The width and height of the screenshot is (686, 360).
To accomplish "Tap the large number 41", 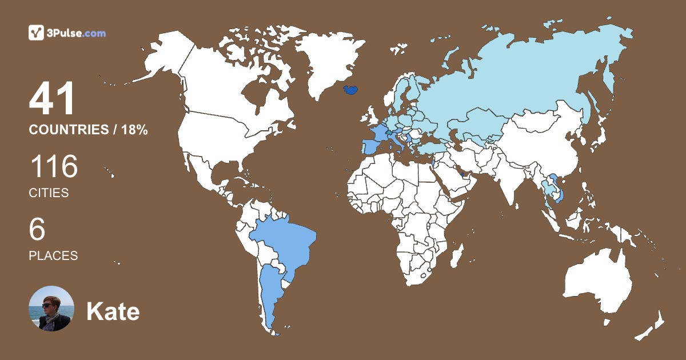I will [x=52, y=99].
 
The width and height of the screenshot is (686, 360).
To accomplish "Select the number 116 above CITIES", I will [x=53, y=167].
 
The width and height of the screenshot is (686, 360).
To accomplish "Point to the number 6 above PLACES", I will [x=37, y=230].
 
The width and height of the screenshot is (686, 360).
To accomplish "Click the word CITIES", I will [x=49, y=193].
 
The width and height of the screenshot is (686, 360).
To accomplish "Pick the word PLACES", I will [x=53, y=255].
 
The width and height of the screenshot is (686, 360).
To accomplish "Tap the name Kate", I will [x=113, y=311].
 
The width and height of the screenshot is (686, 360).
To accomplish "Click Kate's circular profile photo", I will [x=51, y=309].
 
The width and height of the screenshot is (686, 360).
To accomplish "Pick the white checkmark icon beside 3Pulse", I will [x=36, y=33].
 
